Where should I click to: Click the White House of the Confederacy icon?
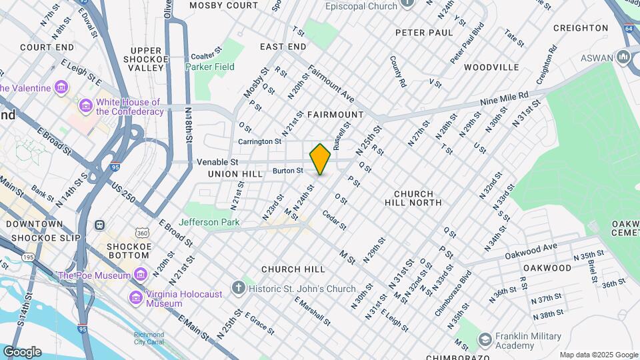tap(85, 106)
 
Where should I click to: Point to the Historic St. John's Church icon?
tap(239, 289)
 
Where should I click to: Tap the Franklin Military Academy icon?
tap(485, 341)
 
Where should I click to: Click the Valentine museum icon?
tap(61, 88)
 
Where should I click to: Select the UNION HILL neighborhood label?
tap(232, 173)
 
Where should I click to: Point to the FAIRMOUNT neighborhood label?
tap(335, 115)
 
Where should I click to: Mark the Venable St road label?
tap(217, 162)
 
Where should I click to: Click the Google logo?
tap(22, 352)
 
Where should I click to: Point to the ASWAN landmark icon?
tap(623, 57)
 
